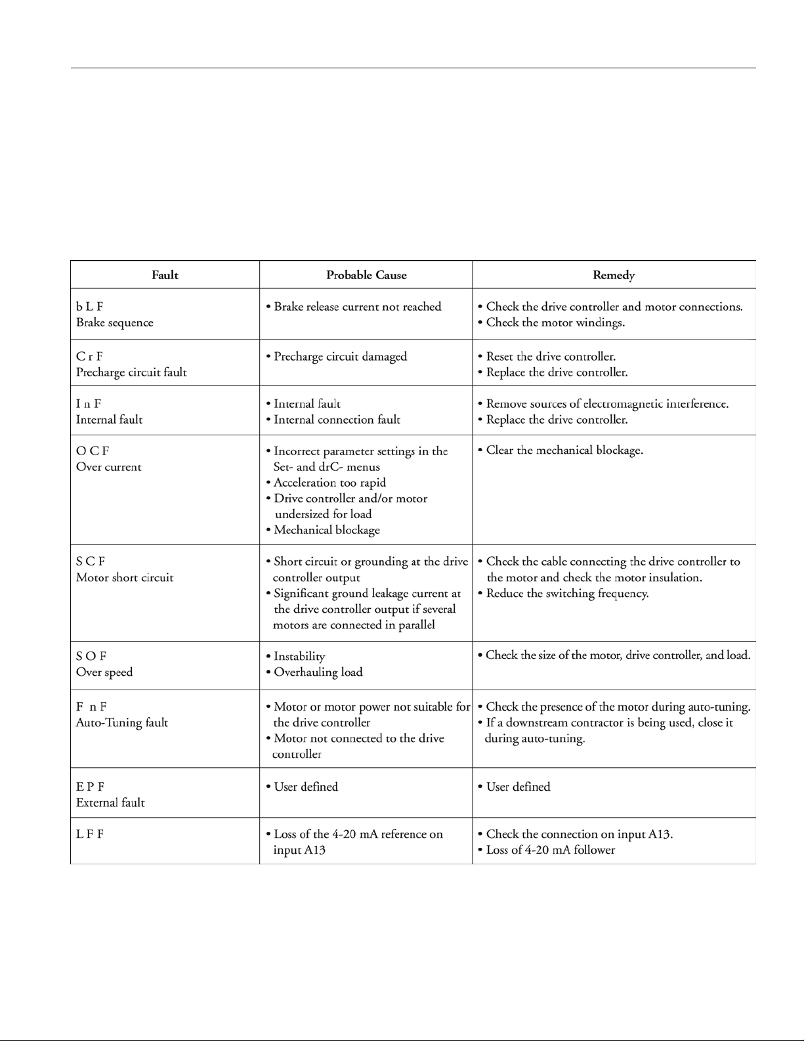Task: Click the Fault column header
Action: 165,275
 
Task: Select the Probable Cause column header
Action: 366,275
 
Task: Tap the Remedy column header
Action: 614,275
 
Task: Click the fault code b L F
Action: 90,307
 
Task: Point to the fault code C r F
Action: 90,357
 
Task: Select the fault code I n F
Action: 89,404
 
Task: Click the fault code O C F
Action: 93,451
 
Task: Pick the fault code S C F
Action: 91,562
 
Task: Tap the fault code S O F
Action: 91,656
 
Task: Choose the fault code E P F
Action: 91,787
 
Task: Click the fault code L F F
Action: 90,834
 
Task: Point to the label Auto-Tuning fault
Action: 122,723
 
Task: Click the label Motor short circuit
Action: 125,578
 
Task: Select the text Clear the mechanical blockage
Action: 564,451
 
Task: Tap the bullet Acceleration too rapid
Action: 329,483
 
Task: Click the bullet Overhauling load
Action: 318,673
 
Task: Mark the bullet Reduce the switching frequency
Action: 567,594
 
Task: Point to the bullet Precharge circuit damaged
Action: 340,357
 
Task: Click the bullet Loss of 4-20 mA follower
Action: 550,850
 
